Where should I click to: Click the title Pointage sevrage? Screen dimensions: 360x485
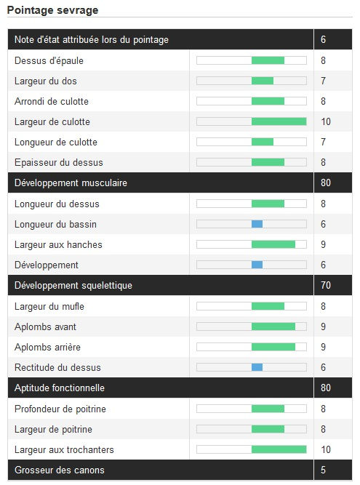click(52, 10)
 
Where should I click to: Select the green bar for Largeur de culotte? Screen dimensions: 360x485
click(279, 121)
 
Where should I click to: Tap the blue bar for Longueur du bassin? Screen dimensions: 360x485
click(257, 224)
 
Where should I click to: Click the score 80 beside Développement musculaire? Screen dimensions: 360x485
click(326, 183)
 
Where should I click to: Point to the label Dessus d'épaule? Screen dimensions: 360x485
click(49, 60)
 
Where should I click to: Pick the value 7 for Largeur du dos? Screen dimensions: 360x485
click(323, 81)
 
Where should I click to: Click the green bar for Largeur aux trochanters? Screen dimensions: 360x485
click(279, 449)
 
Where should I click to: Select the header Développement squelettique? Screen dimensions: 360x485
click(73, 285)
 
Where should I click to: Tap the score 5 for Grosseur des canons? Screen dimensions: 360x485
click(323, 470)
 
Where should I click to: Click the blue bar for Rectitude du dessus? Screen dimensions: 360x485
click(257, 367)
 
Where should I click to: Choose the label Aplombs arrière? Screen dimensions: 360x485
click(47, 347)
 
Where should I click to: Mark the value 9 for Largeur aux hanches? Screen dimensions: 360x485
click(323, 244)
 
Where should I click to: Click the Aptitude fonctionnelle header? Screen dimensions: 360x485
click(60, 388)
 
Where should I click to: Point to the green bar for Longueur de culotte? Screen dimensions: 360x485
click(263, 142)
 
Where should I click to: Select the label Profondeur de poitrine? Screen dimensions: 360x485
click(60, 409)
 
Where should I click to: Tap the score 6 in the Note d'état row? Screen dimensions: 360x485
click(323, 39)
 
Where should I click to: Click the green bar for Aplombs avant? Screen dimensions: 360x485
click(273, 326)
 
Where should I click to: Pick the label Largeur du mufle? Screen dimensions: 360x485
click(49, 306)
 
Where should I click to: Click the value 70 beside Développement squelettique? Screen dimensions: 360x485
click(326, 285)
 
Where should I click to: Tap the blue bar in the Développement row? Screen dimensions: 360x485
click(257, 265)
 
